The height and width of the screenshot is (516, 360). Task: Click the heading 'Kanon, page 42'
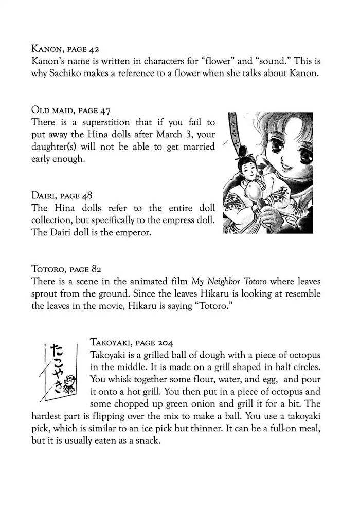tap(65, 50)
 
